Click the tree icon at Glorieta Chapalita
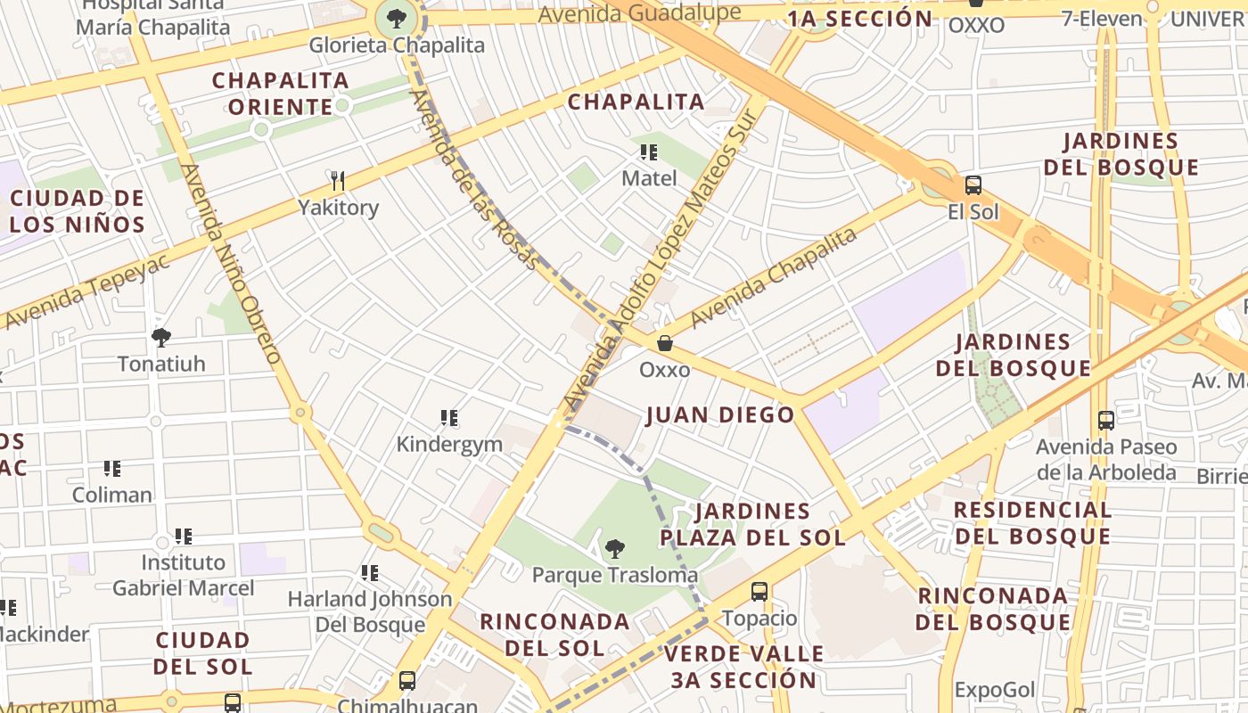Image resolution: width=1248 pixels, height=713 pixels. (397, 17)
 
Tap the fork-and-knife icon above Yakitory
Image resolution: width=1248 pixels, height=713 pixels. (337, 182)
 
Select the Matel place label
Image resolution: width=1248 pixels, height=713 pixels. (649, 178)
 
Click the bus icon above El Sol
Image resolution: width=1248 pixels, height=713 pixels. (973, 185)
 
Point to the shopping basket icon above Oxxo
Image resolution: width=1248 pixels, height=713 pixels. (664, 343)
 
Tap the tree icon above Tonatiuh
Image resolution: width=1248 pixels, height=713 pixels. (161, 338)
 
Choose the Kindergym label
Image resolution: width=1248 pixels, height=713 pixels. (449, 444)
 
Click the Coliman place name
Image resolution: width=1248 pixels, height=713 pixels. (112, 495)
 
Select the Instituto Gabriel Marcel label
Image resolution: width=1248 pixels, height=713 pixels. (184, 575)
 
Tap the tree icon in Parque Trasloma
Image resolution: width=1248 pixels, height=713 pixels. (614, 549)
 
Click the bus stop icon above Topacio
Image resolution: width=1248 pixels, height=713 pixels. (759, 591)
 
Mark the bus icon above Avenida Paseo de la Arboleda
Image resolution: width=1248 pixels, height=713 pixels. (1106, 420)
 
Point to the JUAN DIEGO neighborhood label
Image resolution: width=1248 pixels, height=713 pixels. (719, 414)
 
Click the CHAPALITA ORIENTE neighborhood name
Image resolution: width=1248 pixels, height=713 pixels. (280, 94)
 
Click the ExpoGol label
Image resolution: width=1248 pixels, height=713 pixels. (995, 690)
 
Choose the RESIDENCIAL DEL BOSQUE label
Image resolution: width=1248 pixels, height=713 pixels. (1032, 522)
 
